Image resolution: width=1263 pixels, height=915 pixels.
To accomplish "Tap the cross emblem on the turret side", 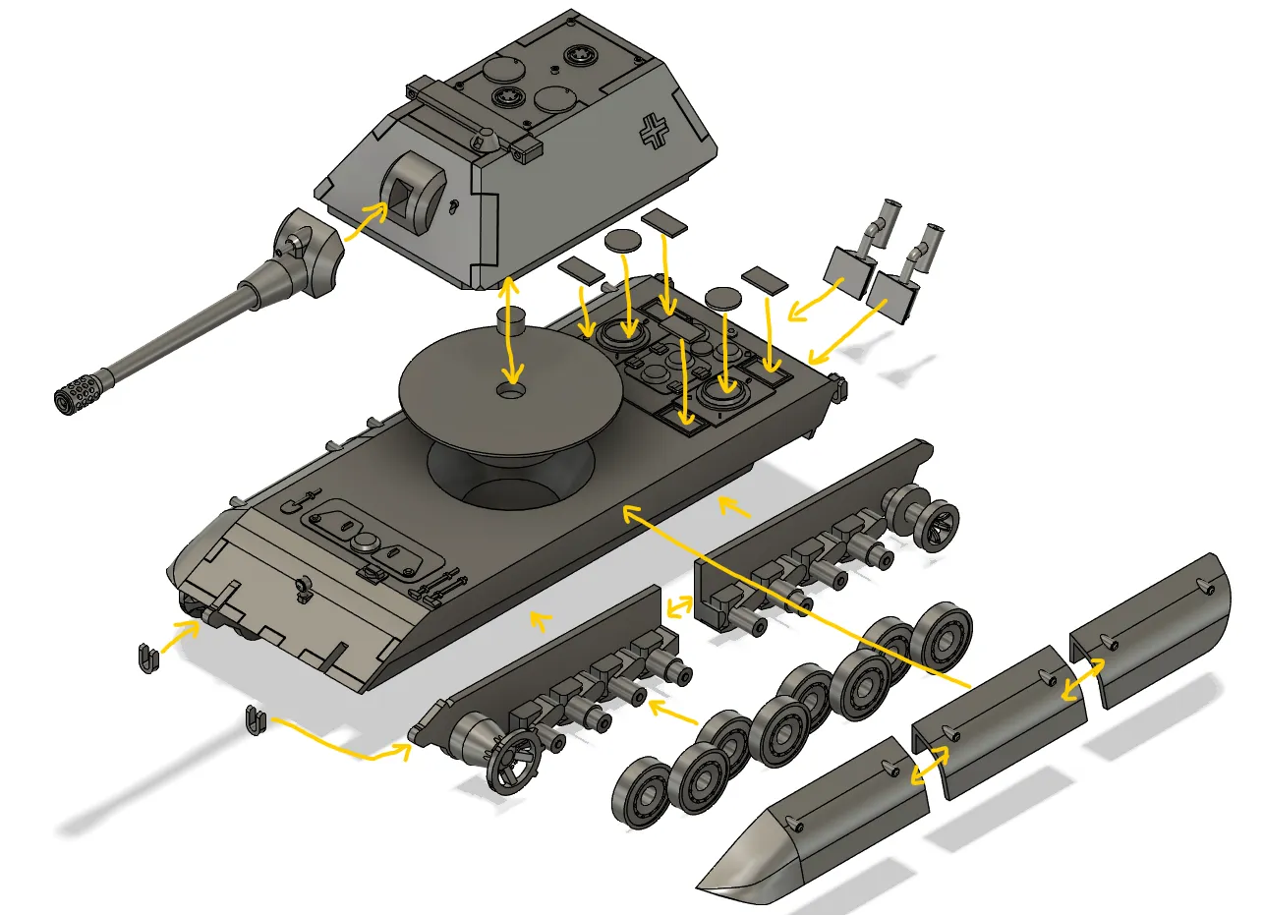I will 653,130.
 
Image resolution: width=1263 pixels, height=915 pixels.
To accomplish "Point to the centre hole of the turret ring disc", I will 511,391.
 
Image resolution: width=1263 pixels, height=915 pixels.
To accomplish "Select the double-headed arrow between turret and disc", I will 509,331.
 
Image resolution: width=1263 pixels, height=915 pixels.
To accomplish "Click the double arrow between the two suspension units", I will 677,607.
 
